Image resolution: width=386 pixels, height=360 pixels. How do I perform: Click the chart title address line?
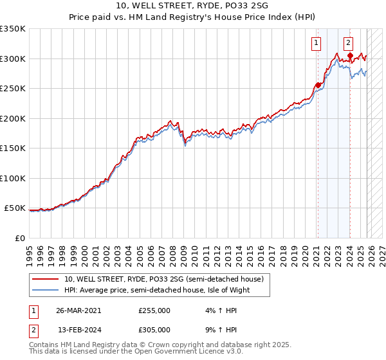click(193, 6)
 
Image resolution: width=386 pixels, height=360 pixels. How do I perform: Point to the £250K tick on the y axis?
click(13, 89)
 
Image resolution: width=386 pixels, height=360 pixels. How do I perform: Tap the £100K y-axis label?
click(13, 178)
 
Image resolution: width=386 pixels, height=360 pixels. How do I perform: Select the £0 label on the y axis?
click(19, 238)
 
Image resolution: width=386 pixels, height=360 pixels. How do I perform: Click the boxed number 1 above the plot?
click(317, 44)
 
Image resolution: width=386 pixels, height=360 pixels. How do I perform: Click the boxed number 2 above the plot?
click(348, 44)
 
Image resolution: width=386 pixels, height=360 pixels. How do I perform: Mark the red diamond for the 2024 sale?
click(350, 56)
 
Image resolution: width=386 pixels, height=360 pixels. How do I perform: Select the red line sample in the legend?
click(46, 280)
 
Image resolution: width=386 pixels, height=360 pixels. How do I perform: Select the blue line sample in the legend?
click(46, 291)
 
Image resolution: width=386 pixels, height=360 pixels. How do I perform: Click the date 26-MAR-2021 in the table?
click(78, 310)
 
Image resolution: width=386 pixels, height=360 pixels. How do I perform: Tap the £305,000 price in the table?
click(154, 329)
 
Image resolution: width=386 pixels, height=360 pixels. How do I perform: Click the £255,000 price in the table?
click(154, 310)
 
